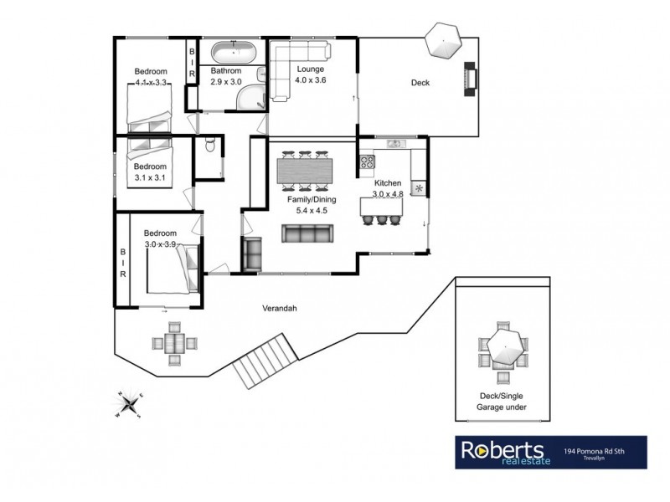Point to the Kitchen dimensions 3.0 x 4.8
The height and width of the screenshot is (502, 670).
click(388, 194)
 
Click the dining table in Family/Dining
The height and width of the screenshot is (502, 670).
click(304, 171)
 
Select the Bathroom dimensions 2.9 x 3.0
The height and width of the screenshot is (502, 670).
click(225, 82)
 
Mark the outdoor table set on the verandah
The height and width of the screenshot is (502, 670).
click(175, 344)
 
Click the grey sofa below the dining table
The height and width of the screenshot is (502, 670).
click(305, 236)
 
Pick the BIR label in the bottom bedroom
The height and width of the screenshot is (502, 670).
click(122, 263)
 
